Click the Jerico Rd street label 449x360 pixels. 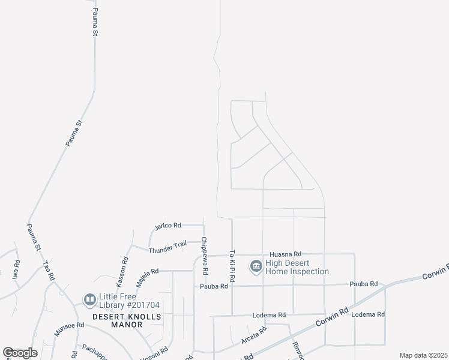pos(167,226)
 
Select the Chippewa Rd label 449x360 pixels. pos(204,252)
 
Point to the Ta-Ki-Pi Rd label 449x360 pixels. pos(232,266)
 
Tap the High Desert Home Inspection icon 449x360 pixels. pos(256,266)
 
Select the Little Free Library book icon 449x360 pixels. pos(89,299)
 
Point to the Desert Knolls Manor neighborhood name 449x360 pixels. pos(118,320)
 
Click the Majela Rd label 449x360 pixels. pos(146,272)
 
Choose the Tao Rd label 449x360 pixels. pos(49,271)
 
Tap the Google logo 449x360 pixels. pos(20,353)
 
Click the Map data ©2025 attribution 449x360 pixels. pos(423,355)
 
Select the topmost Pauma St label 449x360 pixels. pos(95,22)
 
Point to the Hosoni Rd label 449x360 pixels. pos(153,353)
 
